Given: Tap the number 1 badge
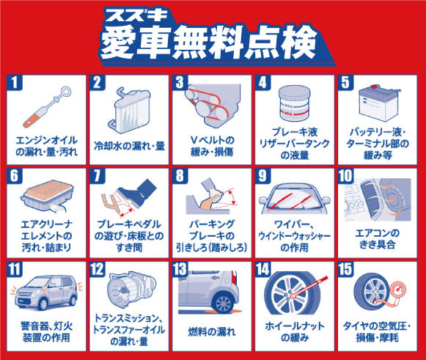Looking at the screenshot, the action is point(15,82).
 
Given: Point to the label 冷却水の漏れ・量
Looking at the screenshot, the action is point(129,146).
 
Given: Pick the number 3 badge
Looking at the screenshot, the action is point(180,82).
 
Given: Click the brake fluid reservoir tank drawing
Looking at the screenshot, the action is point(295,103).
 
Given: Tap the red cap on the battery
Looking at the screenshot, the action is point(374,87).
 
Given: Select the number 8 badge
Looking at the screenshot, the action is point(180,175).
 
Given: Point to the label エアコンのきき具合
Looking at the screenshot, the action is point(377,239).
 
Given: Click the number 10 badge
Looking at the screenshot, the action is point(345,175).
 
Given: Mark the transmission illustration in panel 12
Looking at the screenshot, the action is point(132,289).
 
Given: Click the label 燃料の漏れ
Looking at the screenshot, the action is point(212,331).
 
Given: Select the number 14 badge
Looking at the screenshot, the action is point(263,269).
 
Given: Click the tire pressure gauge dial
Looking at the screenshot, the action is point(398,290).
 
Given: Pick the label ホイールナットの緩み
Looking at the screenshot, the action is point(295,331).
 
